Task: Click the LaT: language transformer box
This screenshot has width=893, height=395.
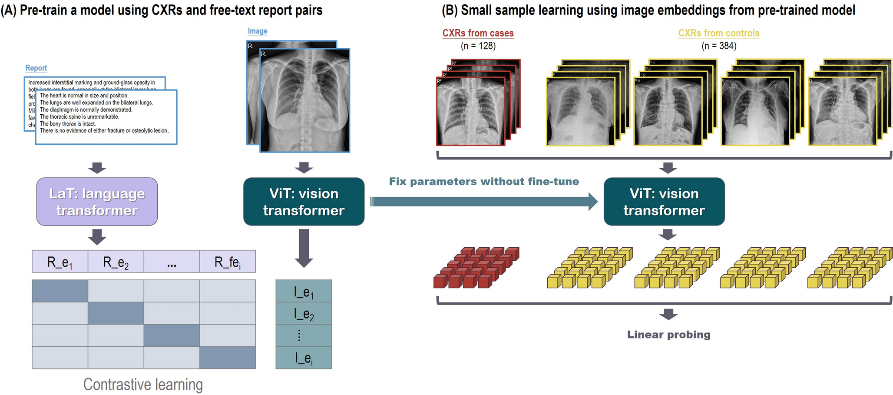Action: pyautogui.click(x=97, y=202)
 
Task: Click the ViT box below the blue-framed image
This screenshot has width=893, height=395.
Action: pyautogui.click(x=304, y=202)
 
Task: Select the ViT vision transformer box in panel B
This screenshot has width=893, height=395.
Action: pyautogui.click(x=664, y=202)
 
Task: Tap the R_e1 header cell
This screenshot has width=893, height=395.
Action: pyautogui.click(x=60, y=262)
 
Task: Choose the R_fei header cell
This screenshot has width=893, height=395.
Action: pyautogui.click(x=228, y=262)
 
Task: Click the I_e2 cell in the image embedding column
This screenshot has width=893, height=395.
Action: pyautogui.click(x=304, y=313)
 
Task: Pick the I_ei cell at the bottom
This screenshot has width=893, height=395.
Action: pyautogui.click(x=304, y=358)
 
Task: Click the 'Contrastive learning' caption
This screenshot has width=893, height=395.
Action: pyautogui.click(x=143, y=385)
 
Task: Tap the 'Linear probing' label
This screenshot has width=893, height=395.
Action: pyautogui.click(x=668, y=335)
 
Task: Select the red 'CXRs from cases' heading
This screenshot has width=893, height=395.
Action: pyautogui.click(x=478, y=33)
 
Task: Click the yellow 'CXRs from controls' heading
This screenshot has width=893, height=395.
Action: pyautogui.click(x=719, y=33)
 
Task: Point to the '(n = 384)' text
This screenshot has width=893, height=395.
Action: pyautogui.click(x=719, y=46)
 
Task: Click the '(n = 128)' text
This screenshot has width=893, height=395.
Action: pyautogui.click(x=478, y=46)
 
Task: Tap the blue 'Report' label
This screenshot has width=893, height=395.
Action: pyautogui.click(x=36, y=68)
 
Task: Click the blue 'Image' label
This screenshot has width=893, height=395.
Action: pyautogui.click(x=257, y=31)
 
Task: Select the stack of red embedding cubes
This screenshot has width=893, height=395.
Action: pyautogui.click(x=476, y=268)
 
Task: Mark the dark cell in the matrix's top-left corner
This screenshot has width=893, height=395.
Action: pyautogui.click(x=60, y=291)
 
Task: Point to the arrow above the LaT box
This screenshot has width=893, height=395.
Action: pyautogui.click(x=97, y=168)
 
